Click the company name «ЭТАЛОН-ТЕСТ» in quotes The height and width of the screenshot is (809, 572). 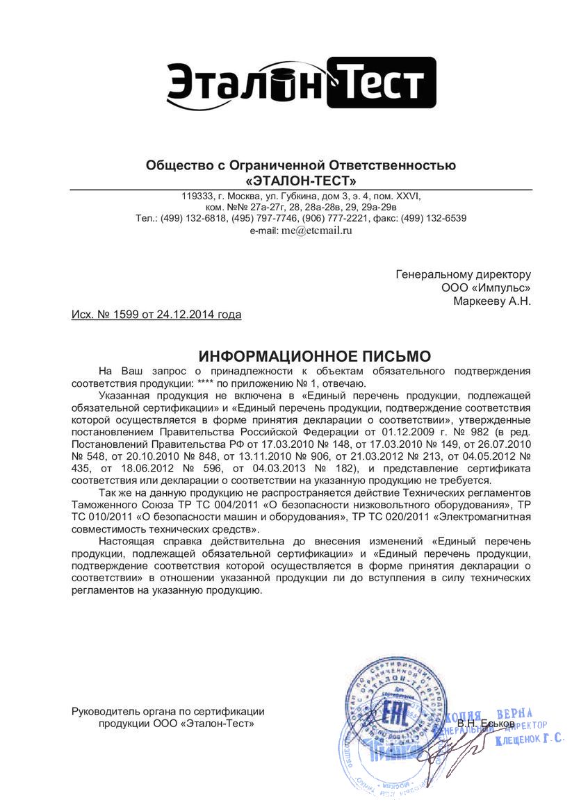tap(301, 181)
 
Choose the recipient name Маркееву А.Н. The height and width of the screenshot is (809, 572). tap(491, 301)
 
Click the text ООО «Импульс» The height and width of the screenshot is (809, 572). tap(486, 287)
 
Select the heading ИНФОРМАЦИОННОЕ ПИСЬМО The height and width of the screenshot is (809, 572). tap(315, 357)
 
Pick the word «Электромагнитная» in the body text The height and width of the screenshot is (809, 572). tap(487, 516)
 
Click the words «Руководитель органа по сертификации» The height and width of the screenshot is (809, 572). tap(168, 710)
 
